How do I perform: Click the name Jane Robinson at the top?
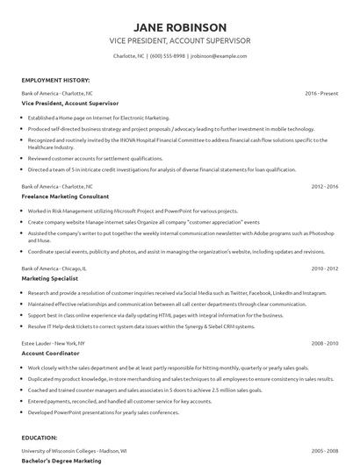tap(180, 27)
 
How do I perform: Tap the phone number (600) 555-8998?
tap(168, 55)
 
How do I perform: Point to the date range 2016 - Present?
tap(321, 92)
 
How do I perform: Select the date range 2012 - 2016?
tap(324, 187)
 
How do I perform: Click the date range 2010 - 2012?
tap(324, 268)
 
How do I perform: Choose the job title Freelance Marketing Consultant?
tap(71, 197)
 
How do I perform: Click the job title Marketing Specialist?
tap(51, 278)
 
